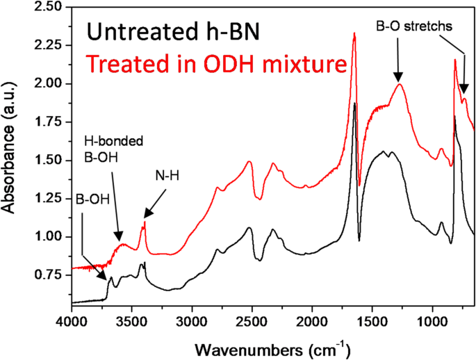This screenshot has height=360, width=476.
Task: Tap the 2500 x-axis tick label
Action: [252, 323]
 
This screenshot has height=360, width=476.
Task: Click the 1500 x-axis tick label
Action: [372, 323]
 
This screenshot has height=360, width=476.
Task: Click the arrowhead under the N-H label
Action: [145, 220]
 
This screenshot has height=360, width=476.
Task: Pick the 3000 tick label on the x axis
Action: [192, 323]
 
